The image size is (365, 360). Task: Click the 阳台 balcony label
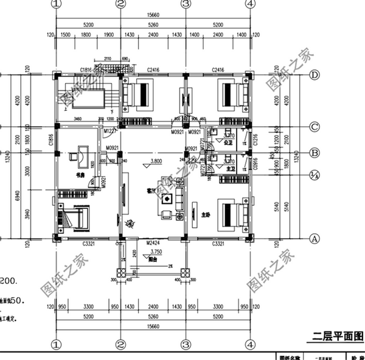[154, 258]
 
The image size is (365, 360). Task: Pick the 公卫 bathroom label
[229, 144]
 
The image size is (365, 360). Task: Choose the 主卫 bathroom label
[229, 169]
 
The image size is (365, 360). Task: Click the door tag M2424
[152, 243]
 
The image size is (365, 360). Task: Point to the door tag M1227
[109, 131]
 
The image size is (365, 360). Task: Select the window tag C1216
[255, 139]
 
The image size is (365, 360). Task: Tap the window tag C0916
[255, 163]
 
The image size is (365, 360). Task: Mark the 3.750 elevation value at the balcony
[156, 250]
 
